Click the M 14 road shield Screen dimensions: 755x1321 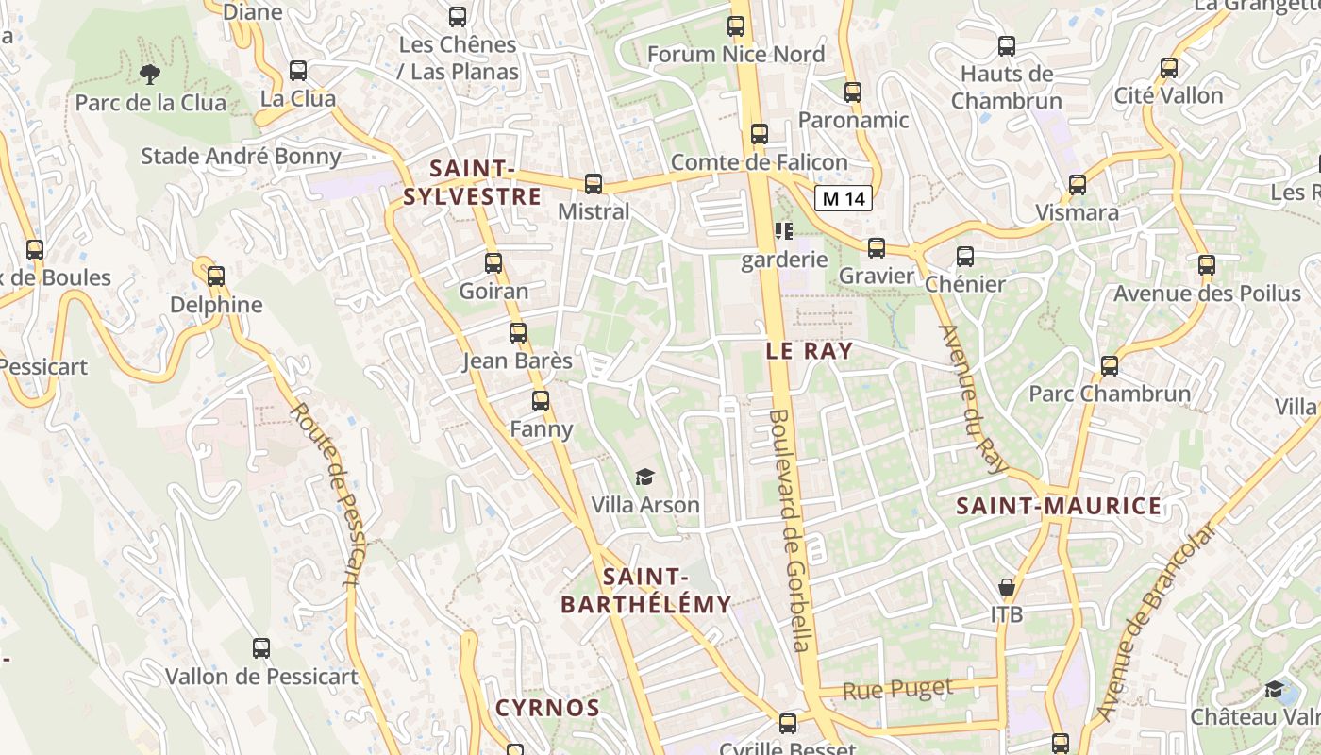click(843, 198)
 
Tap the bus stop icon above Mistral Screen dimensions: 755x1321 click(594, 184)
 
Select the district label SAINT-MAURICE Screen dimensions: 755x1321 click(1059, 506)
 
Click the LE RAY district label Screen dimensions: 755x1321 click(809, 351)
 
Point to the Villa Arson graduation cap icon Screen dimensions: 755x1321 click(644, 478)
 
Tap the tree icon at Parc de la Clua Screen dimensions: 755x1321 click(149, 74)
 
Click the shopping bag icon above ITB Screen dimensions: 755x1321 click(1007, 587)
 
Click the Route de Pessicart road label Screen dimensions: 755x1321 click(327, 494)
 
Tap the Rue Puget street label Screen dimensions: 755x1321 click(896, 690)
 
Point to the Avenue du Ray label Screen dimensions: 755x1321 click(973, 400)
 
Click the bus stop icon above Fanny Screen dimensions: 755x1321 click(541, 401)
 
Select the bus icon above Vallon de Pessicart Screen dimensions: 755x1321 click(261, 648)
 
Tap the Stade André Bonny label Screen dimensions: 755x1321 click(241, 156)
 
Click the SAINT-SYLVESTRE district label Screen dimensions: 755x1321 click(472, 182)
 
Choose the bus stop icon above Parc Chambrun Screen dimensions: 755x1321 click(1110, 365)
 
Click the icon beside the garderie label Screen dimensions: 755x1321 click(783, 230)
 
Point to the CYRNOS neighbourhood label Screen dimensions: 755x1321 click(547, 708)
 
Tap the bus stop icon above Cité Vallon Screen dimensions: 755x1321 click(1169, 68)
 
